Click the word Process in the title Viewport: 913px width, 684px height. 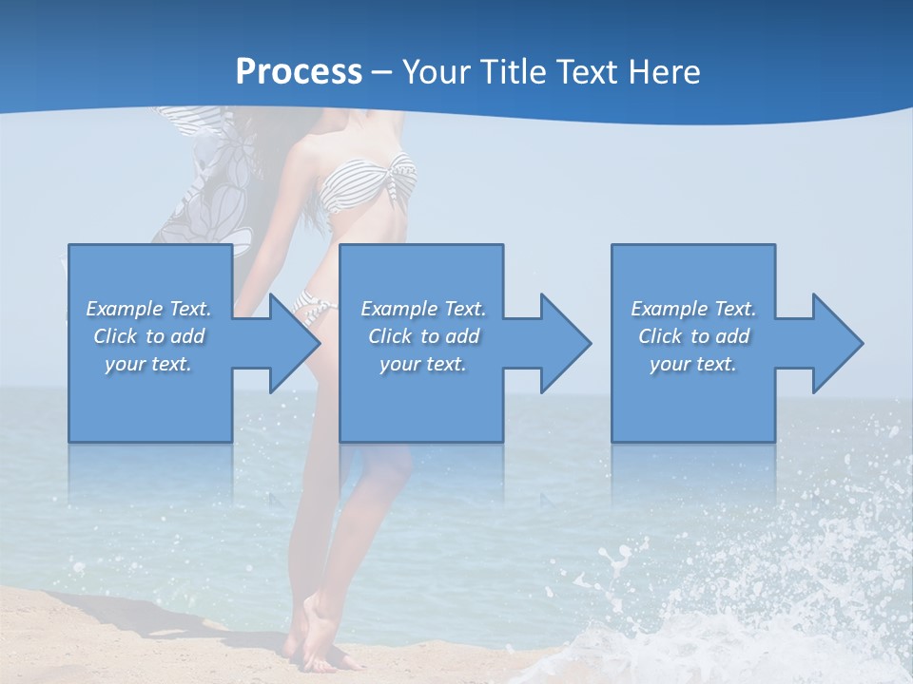(x=299, y=72)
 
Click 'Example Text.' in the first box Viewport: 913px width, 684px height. (x=148, y=309)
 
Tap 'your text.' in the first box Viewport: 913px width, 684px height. (x=148, y=364)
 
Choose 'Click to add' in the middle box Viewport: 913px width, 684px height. (x=423, y=336)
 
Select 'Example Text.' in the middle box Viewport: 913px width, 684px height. (x=423, y=309)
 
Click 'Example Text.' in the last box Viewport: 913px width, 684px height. (x=693, y=309)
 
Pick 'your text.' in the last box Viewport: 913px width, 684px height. (x=693, y=364)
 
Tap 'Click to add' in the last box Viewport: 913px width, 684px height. (x=693, y=336)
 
